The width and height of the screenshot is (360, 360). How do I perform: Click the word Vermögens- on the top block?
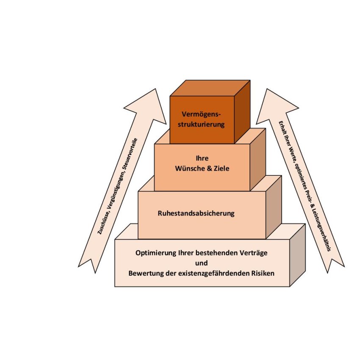pyautogui.click(x=202, y=114)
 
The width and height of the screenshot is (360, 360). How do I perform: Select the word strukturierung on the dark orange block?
pyautogui.click(x=202, y=125)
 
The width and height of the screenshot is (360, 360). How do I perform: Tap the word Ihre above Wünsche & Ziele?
pyautogui.click(x=202, y=158)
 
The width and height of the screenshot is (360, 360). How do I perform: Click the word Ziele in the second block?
pyautogui.click(x=221, y=168)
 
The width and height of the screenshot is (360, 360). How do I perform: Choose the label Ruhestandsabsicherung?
pyautogui.click(x=196, y=213)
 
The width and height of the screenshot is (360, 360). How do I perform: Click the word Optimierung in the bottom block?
pyautogui.click(x=154, y=253)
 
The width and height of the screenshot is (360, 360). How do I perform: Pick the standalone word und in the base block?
pyautogui.click(x=202, y=263)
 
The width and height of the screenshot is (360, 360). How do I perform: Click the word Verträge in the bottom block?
pyautogui.click(x=252, y=253)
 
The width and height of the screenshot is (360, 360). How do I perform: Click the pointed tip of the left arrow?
pyautogui.click(x=155, y=89)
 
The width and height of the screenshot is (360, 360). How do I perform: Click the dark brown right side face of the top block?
pyautogui.click(x=242, y=111)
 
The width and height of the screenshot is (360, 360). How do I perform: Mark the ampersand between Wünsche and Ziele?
pyautogui.click(x=209, y=168)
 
